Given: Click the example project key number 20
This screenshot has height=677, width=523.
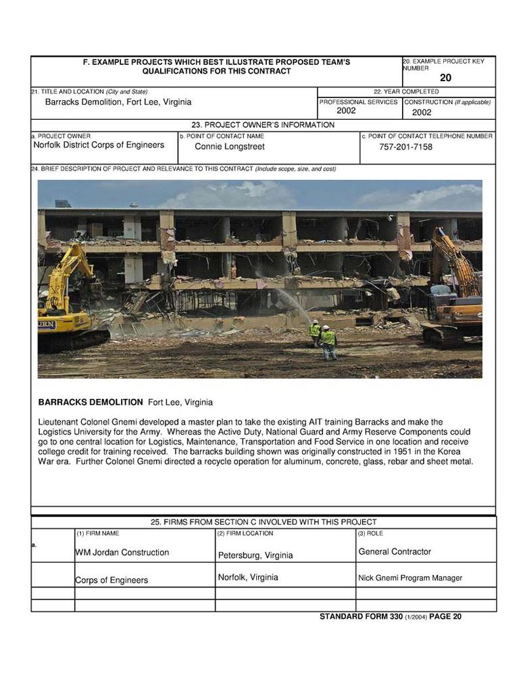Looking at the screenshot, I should pos(445,78).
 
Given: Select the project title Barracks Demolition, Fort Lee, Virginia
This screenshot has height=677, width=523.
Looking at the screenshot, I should pos(118,102).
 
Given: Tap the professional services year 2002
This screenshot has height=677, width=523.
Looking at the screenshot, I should pos(346,111).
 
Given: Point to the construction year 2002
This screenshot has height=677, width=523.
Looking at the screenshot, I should pos(422,112).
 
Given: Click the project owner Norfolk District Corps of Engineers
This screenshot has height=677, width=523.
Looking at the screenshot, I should pos(99,145).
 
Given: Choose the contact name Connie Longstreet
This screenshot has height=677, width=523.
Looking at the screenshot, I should pos(230,147).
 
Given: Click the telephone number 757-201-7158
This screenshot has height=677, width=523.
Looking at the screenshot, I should pos(405,147).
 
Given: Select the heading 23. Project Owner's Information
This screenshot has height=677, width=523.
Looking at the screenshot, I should pos(263,125).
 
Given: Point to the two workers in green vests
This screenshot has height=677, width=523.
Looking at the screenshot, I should pos(322,337).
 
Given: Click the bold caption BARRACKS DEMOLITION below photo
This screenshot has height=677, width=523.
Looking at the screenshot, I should pos(91,402).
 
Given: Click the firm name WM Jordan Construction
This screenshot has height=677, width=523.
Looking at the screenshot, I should pos(122,553).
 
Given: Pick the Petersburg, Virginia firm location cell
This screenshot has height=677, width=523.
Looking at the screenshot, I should pos(255,555).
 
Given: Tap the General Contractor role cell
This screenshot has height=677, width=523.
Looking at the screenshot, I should pos(395,552).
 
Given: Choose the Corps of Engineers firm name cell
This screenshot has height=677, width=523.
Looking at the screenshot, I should pos(111,580).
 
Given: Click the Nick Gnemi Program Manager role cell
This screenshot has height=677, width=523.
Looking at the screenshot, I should pos(410,578).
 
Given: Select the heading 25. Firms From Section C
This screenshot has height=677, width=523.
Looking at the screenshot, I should pos(263,522).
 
